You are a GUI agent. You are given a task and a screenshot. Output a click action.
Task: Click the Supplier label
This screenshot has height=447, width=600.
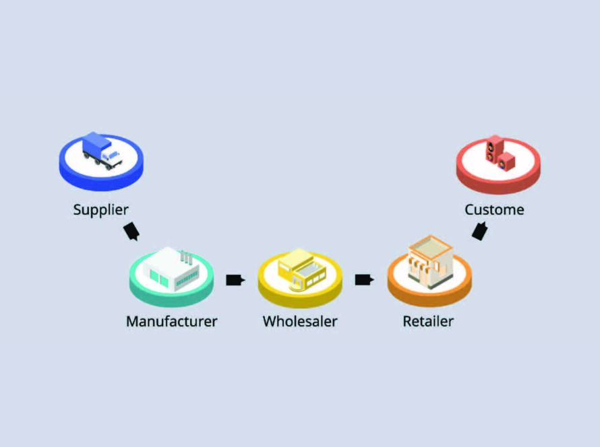[x=100, y=209]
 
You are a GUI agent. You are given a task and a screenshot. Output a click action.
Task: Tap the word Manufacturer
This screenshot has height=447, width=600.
[x=171, y=321]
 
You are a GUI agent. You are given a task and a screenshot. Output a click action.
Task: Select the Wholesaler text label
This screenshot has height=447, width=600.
[x=299, y=321]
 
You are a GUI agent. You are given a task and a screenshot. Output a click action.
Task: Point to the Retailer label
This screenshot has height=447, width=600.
[x=428, y=321]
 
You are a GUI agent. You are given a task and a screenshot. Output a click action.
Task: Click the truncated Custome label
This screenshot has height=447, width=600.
[x=494, y=209]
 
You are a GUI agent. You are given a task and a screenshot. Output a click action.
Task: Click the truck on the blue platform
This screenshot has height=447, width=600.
[x=101, y=151]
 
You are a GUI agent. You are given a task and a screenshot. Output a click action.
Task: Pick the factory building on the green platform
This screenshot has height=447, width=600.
[x=171, y=269]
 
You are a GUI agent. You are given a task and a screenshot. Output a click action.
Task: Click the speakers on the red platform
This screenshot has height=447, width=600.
[x=500, y=152]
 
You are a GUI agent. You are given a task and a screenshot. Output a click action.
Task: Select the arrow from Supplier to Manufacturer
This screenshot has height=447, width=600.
[x=131, y=231]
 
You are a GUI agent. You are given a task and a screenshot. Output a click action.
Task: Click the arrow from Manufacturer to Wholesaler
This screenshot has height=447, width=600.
[x=235, y=280]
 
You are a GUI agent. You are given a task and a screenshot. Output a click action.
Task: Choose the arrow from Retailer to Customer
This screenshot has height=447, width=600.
[x=479, y=231]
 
